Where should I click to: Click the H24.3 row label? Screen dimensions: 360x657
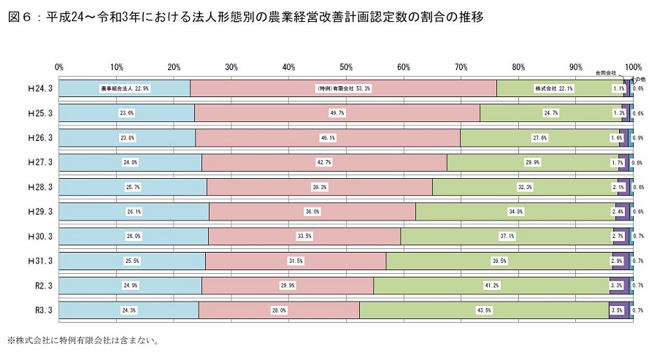(40, 88)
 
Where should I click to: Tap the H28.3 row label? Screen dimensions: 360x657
(40, 187)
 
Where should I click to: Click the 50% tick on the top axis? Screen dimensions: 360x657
(346, 67)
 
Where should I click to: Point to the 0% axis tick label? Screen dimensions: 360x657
(59, 67)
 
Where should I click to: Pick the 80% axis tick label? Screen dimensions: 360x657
(518, 67)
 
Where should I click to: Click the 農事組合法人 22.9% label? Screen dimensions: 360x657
(125, 88)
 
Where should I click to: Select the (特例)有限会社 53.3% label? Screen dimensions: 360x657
(343, 88)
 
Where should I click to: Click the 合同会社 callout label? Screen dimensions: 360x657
(606, 73)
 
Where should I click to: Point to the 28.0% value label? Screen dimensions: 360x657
(278, 310)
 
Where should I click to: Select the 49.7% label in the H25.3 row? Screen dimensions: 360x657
(337, 113)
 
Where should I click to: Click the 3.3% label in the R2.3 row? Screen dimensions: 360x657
(616, 286)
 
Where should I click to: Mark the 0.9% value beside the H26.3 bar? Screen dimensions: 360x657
(639, 138)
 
